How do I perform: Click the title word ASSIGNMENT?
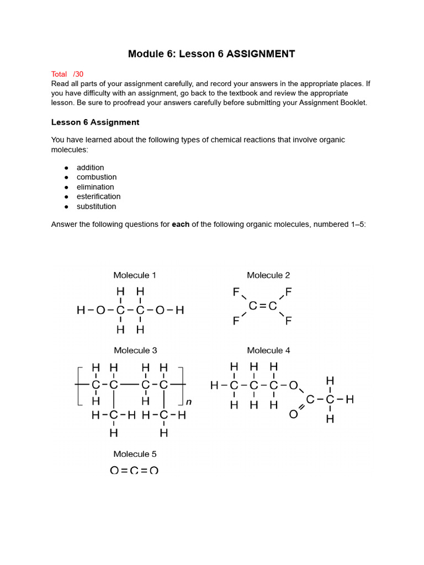(261, 54)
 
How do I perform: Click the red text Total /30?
(67, 74)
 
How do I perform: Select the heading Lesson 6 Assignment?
(95, 122)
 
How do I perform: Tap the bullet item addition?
(90, 167)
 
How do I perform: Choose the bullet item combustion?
(97, 177)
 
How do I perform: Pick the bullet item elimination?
(95, 187)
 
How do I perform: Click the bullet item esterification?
(98, 196)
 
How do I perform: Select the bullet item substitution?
(96, 206)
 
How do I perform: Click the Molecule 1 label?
(135, 275)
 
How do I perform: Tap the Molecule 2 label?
(268, 275)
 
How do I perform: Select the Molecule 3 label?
(135, 350)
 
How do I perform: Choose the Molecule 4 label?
(268, 350)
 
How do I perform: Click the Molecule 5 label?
(135, 454)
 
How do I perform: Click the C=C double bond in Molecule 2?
(263, 306)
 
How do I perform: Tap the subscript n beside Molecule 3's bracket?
(189, 402)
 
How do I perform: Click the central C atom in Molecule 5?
(134, 470)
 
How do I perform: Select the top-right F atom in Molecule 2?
(288, 291)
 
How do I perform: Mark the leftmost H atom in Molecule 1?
(81, 311)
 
